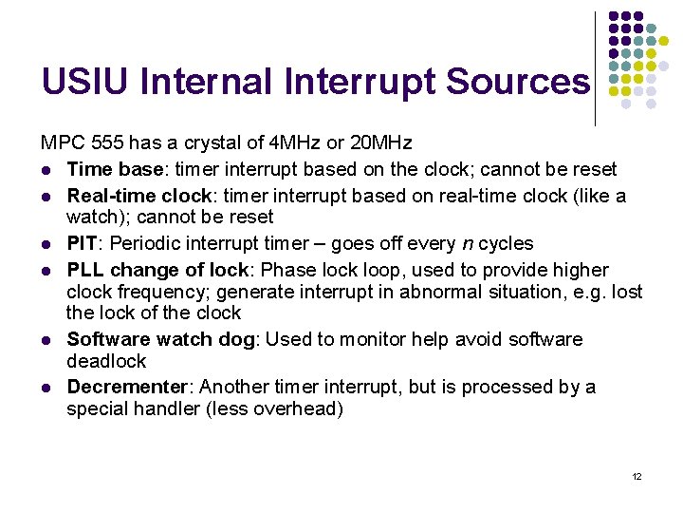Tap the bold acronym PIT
coord(82,243)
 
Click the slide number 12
coord(637,476)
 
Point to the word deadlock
coord(106,361)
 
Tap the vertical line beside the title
coord(595,68)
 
